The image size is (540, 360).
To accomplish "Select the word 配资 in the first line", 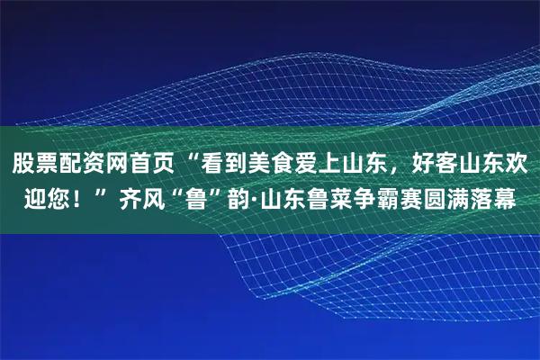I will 87,165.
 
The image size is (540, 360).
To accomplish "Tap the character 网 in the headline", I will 125,165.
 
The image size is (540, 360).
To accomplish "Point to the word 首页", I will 163,165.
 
